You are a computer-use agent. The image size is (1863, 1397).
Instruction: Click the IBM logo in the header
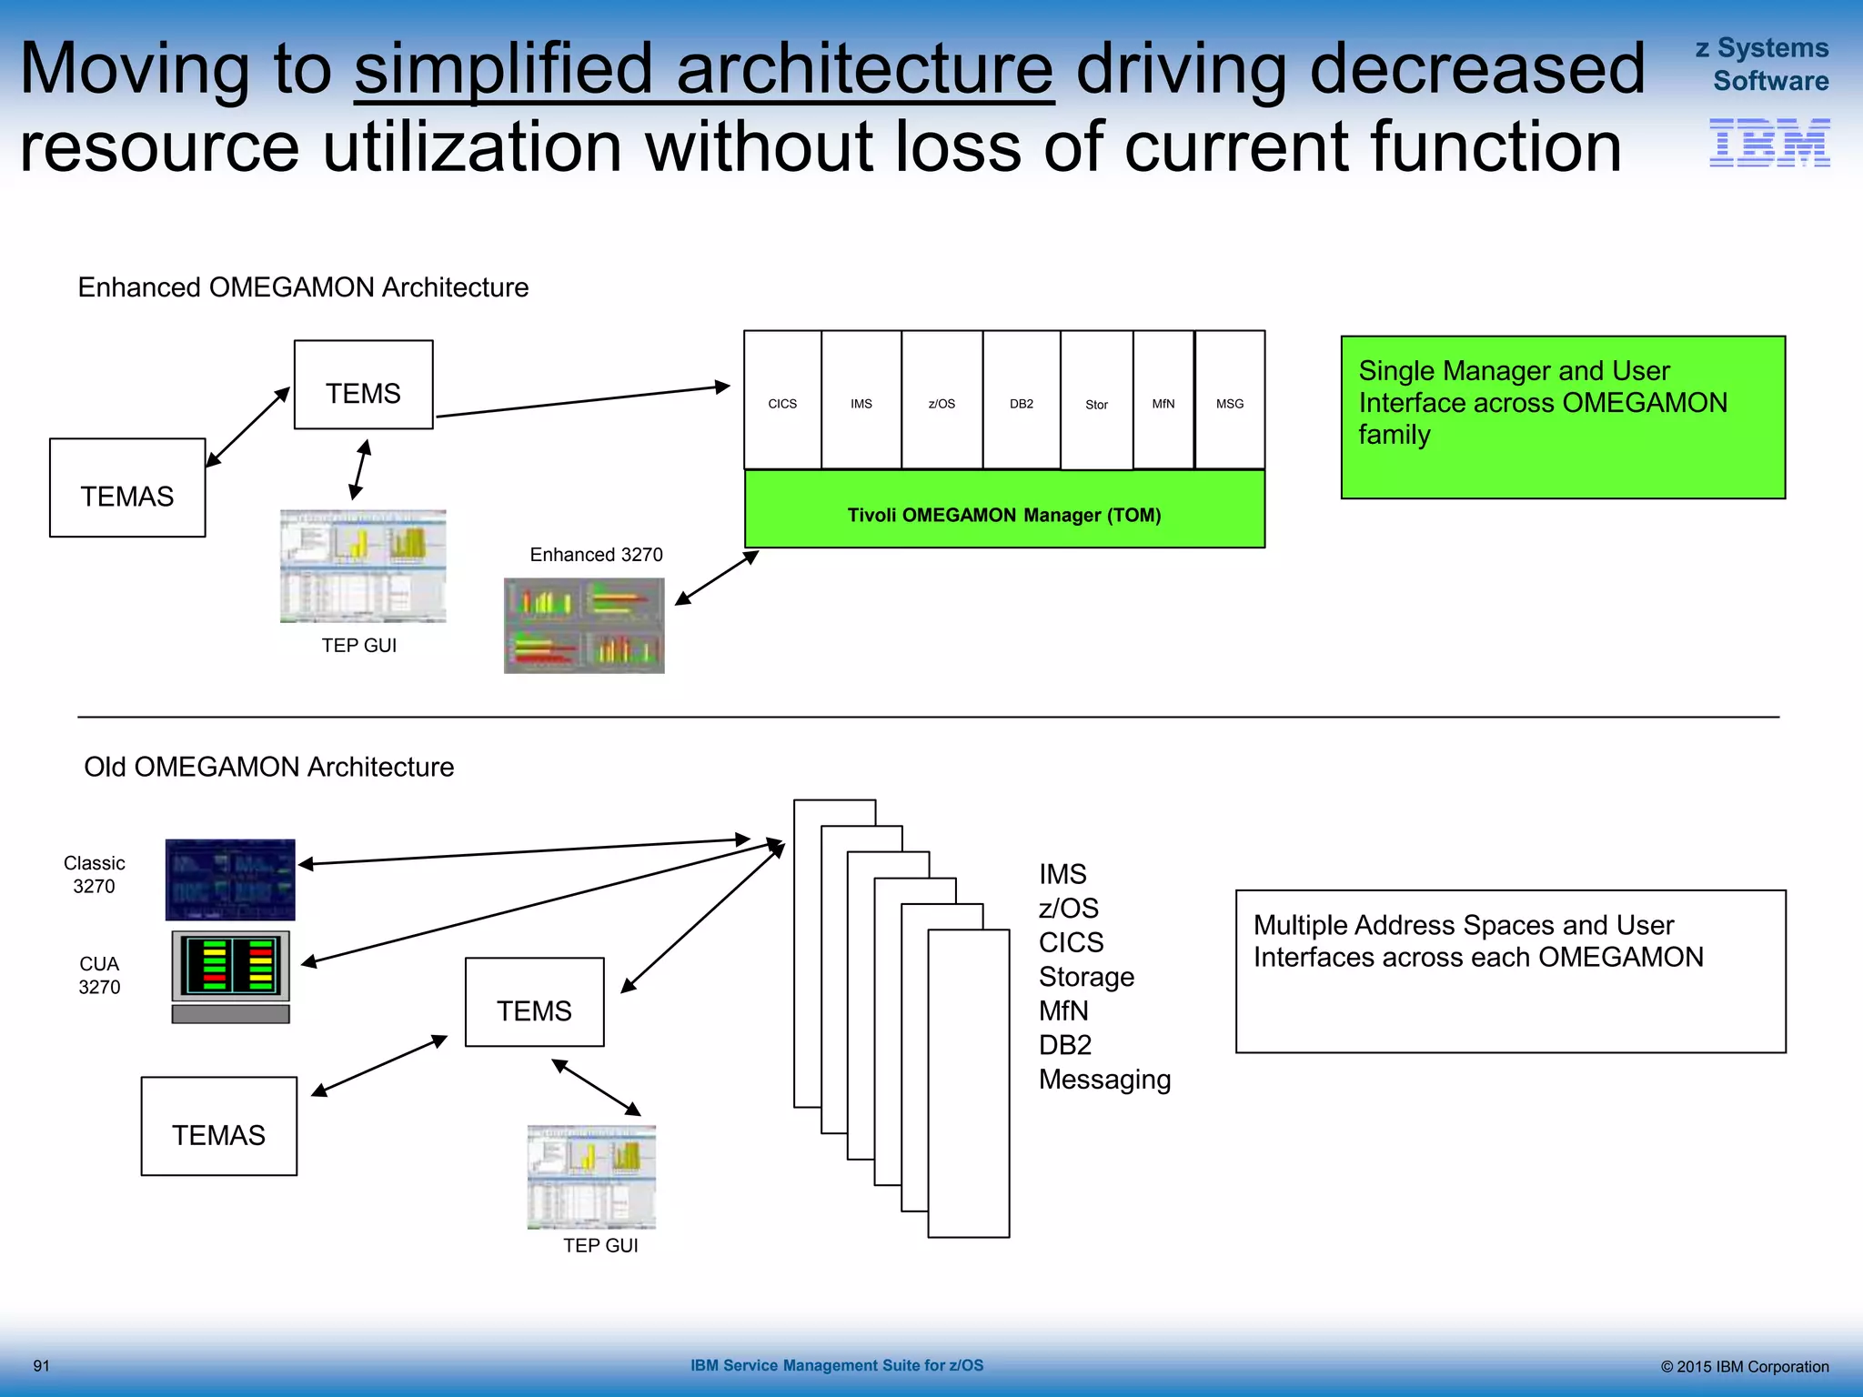[x=1768, y=143]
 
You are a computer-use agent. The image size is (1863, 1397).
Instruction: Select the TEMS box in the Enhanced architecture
[x=363, y=385]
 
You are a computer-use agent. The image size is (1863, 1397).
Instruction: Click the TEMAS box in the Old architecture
[x=218, y=1126]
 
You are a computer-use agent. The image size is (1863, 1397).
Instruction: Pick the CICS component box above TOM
[x=782, y=400]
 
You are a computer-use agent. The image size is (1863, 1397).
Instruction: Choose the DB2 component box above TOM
[x=1021, y=400]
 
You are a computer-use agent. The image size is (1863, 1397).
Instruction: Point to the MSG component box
[x=1229, y=400]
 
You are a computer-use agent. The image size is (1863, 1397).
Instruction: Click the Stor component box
[x=1096, y=401]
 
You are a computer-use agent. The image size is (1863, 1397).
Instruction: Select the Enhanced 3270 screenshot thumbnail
[x=584, y=626]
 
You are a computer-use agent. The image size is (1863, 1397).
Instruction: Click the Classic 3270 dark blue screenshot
[x=230, y=879]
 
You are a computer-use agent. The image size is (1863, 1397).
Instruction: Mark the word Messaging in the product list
[x=1104, y=1080]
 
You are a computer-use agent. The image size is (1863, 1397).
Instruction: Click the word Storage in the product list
[x=1086, y=977]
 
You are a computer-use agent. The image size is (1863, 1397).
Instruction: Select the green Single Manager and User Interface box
[x=1562, y=417]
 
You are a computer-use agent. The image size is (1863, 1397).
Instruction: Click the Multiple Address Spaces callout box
[x=1510, y=971]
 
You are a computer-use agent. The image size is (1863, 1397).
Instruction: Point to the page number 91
[x=41, y=1366]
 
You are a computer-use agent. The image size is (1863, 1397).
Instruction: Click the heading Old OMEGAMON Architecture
[x=268, y=767]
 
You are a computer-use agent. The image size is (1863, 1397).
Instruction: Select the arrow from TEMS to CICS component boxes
[x=582, y=401]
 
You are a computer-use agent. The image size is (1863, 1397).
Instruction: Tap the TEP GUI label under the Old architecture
[x=600, y=1245]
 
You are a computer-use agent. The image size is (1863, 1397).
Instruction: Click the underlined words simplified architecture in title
[x=703, y=70]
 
